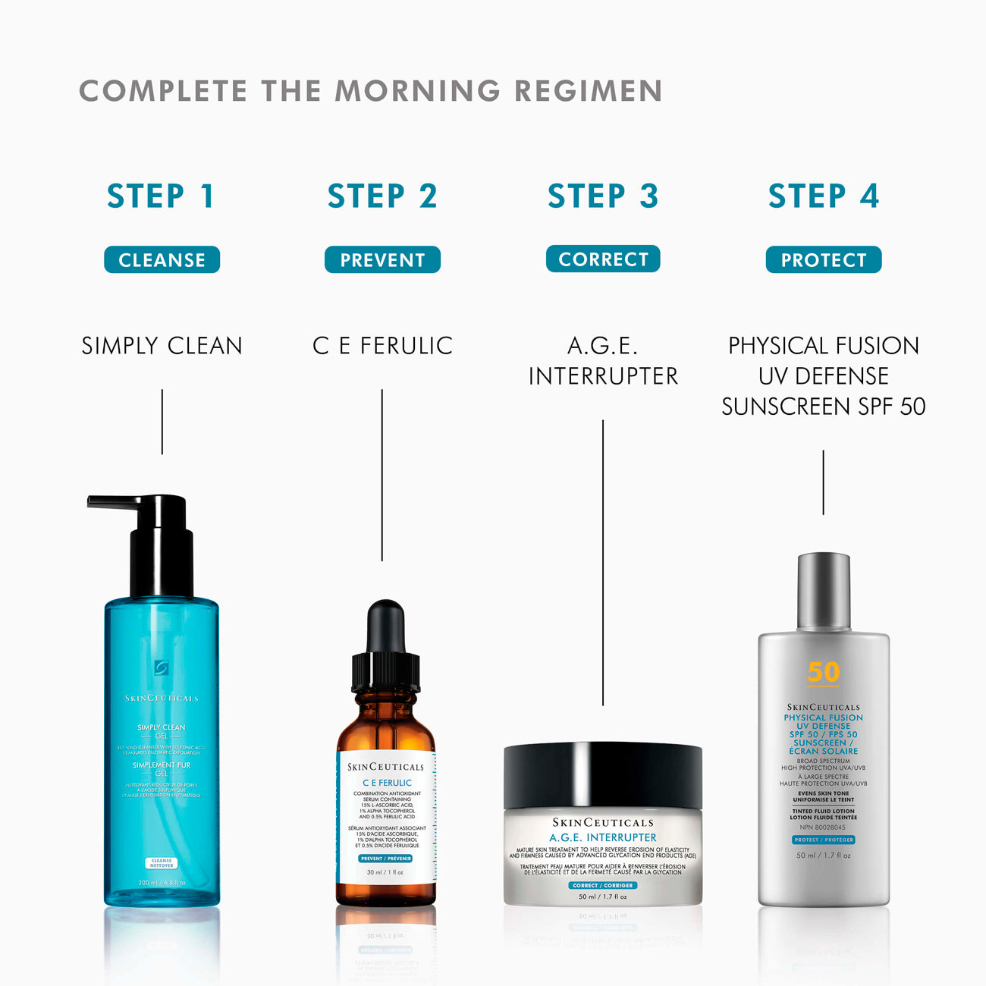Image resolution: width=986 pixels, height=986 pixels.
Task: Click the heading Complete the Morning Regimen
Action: pos(371,91)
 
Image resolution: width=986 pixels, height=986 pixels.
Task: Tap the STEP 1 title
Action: pos(161,196)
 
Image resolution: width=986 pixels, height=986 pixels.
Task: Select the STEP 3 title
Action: pos(603,196)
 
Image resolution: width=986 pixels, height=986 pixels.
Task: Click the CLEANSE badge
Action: pos(162,260)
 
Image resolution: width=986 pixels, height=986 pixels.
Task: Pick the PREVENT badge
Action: pos(382,260)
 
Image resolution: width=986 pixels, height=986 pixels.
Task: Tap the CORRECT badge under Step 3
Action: pos(603,259)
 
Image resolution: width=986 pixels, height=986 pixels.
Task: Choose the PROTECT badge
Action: pos(824,260)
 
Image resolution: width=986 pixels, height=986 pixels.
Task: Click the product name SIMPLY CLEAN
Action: pos(162,346)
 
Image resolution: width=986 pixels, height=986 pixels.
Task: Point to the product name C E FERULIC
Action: pos(382,346)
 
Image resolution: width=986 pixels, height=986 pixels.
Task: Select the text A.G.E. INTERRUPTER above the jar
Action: pos(603,361)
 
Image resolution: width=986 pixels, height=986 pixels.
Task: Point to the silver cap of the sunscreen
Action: pos(824,592)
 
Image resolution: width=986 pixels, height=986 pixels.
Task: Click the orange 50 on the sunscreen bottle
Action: pos(824,672)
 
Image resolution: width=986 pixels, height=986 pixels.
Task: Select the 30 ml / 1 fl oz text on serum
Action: pos(385,872)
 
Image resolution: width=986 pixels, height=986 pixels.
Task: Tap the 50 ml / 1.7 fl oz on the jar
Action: pos(603,897)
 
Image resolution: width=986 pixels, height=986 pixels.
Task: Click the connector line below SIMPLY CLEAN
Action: pos(162,422)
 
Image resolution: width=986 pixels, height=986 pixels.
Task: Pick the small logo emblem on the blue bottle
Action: pos(162,667)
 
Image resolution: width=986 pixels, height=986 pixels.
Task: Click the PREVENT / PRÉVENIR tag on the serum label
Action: pos(385,859)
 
